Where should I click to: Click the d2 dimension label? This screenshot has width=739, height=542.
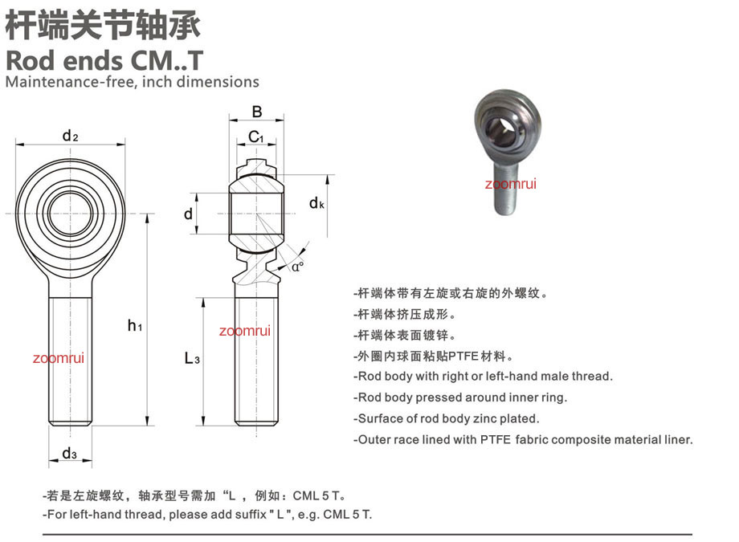coord(70,137)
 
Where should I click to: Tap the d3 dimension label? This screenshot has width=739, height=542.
coord(69,454)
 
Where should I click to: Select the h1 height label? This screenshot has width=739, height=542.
coord(135,325)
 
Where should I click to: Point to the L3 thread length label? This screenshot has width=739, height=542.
coord(192,359)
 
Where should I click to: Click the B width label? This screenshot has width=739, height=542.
coord(257,112)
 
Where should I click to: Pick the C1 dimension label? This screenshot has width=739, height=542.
coord(256,137)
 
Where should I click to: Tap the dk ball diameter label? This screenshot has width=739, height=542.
coord(316,203)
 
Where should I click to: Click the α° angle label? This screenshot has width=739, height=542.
coord(297,267)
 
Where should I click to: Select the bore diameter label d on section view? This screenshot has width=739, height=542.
coord(188,214)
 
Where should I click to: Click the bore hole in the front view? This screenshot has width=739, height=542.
coord(70,214)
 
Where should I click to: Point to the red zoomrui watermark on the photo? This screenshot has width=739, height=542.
coord(510,183)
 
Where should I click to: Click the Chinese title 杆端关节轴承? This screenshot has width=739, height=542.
coord(103,26)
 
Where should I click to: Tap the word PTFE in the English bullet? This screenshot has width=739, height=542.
coord(496,440)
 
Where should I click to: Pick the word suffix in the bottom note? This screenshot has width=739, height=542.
coord(250,514)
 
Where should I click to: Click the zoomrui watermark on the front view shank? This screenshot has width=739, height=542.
coord(59,358)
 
